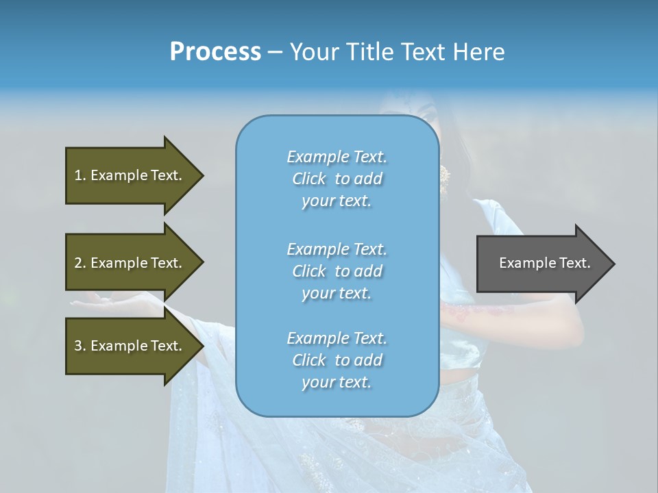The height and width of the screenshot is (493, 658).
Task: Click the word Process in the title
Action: (215, 51)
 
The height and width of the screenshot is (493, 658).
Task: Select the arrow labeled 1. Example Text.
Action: (130, 175)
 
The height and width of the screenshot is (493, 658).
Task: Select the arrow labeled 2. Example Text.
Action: (130, 263)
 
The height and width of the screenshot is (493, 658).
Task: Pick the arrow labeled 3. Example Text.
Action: (130, 346)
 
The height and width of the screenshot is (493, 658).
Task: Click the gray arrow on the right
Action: (541, 264)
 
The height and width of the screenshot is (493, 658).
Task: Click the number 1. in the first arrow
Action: (80, 175)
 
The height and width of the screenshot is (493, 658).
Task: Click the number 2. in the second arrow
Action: (80, 263)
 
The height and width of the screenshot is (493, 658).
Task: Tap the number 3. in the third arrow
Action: (80, 346)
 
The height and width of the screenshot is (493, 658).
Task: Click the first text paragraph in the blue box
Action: (337, 179)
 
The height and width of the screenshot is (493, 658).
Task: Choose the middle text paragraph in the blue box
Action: (337, 271)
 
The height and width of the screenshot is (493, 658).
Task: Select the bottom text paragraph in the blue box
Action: (337, 360)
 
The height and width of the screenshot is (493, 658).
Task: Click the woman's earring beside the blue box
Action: (445, 177)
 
